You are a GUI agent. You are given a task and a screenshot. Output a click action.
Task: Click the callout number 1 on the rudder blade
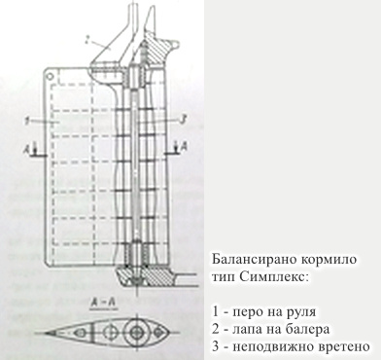point(31,120)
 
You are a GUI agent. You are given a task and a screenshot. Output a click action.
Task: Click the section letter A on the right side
point(181,147)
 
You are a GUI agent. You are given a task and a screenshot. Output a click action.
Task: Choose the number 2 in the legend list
point(214,329)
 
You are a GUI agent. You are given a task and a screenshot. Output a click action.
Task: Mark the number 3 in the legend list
point(214,346)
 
